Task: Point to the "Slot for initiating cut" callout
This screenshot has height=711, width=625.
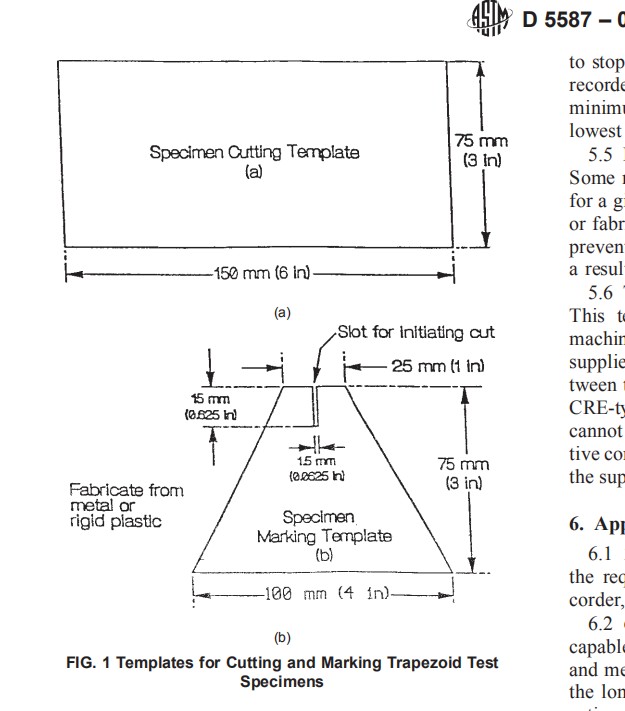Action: [x=415, y=331]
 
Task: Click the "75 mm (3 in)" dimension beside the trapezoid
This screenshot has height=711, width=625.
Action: [x=464, y=473]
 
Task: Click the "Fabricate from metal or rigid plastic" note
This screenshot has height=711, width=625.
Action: [x=115, y=505]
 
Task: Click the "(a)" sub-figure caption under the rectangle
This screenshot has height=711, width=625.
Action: [x=282, y=312]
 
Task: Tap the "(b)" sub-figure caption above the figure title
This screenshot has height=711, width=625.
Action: [x=281, y=636]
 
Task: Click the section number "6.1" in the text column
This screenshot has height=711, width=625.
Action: [x=584, y=556]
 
